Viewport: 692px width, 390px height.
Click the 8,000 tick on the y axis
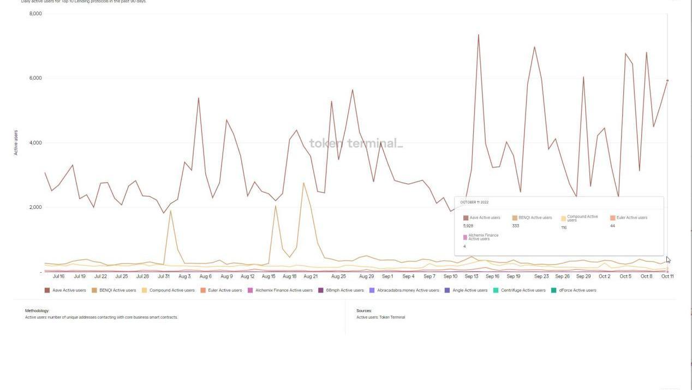[35, 14]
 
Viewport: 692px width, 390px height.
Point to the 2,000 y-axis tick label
[35, 207]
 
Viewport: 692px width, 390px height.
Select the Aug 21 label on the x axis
[311, 277]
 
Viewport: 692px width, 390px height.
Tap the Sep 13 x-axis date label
[472, 277]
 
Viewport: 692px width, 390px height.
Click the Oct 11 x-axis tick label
[667, 277]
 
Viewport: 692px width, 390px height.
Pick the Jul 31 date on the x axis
[164, 277]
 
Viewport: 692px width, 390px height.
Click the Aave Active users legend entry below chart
[65, 290]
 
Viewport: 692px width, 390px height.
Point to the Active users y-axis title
[16, 142]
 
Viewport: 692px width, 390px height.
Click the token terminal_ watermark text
[356, 143]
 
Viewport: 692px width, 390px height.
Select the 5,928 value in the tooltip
[468, 226]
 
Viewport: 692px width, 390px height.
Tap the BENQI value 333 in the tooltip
[516, 226]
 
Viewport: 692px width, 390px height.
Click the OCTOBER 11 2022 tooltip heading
[474, 202]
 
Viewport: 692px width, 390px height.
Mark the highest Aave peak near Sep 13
[479, 35]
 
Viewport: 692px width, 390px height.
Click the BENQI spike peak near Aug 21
[303, 183]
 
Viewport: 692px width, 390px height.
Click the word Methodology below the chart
[37, 311]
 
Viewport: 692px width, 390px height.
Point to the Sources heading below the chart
[364, 311]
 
